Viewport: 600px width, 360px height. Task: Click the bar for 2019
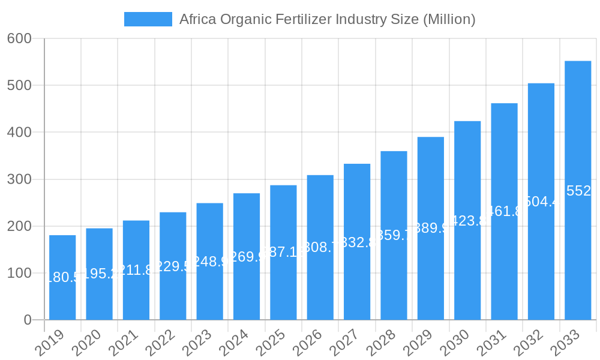(62, 277)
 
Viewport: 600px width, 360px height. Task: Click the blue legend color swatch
(148, 19)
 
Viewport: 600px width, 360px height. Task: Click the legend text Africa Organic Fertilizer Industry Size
(327, 19)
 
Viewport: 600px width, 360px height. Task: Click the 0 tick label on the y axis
(28, 320)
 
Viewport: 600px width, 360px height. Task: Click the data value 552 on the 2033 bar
(578, 191)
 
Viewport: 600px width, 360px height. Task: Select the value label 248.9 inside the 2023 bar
(210, 262)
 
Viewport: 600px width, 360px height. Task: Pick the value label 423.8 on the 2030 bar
(467, 221)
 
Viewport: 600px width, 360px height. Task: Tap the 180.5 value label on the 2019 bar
(62, 277)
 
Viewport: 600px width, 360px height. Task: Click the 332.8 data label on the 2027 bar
(357, 242)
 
